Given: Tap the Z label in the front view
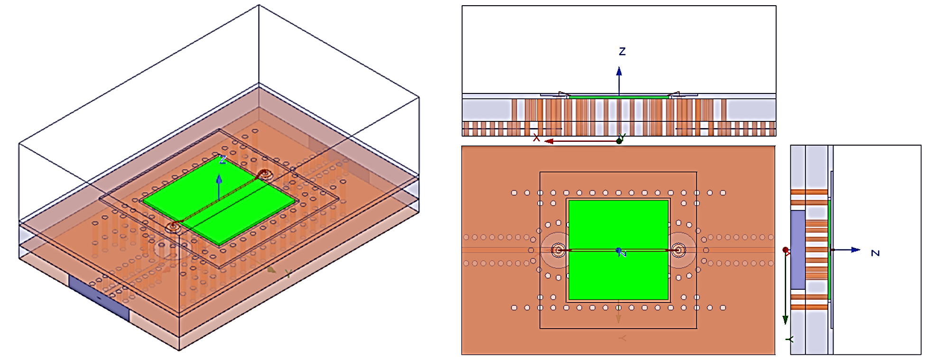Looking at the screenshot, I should (622, 52).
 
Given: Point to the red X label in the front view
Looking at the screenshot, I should (537, 138).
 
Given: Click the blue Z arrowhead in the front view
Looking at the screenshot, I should (619, 72).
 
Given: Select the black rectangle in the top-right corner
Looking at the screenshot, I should (865, 69).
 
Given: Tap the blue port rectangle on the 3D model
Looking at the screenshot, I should (99, 297).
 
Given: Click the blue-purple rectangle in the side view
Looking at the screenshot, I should (798, 249).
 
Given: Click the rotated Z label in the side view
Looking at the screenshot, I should (875, 253).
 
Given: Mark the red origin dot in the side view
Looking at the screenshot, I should (786, 249).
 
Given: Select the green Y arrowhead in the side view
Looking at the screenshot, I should (785, 320).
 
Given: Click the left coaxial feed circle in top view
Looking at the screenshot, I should (558, 250).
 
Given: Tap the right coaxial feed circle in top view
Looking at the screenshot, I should (678, 250).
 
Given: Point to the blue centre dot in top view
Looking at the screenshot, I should (618, 250).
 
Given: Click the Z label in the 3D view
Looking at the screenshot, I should (222, 160).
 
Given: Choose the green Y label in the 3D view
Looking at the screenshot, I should (287, 274).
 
